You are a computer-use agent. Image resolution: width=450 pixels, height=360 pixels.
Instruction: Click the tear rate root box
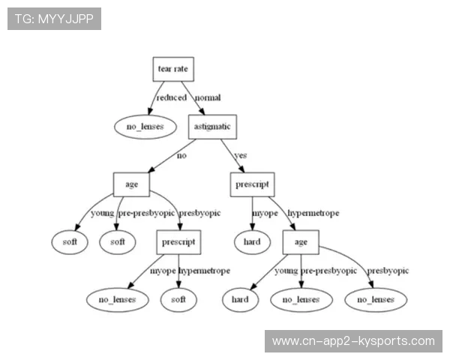click(172, 69)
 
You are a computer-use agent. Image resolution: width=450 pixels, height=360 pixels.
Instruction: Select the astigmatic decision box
click(212, 127)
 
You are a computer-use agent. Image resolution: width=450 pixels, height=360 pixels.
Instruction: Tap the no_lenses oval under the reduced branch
click(139, 127)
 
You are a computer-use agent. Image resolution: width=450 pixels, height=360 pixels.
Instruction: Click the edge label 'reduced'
click(171, 97)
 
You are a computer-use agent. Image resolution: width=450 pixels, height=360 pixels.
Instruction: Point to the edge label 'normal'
click(208, 97)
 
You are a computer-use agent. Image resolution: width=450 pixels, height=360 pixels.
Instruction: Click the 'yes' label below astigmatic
click(241, 155)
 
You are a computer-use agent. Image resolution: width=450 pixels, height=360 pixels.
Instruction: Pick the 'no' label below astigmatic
click(181, 155)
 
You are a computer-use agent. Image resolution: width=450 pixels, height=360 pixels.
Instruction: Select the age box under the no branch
click(131, 184)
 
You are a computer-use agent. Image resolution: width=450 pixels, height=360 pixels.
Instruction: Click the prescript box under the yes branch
click(252, 184)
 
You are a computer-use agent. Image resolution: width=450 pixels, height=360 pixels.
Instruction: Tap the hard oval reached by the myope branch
click(252, 242)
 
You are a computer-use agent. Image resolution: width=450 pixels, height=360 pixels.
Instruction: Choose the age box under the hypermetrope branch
click(301, 242)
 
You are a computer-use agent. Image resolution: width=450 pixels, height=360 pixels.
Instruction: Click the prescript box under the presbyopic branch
click(179, 242)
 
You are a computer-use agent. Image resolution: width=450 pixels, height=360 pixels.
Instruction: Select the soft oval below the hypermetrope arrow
click(178, 300)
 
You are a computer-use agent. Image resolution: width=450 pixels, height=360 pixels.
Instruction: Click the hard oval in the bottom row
click(240, 300)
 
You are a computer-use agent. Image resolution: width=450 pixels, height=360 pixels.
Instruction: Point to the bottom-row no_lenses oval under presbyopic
click(376, 300)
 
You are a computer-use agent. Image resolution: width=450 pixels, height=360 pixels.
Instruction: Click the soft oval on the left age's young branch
click(70, 242)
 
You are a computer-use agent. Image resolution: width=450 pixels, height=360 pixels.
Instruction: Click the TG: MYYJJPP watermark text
click(54, 18)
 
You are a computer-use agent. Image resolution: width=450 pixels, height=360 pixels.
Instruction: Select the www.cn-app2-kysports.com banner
click(353, 341)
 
